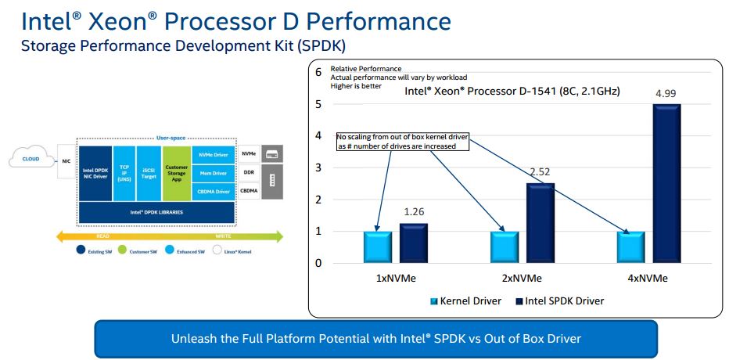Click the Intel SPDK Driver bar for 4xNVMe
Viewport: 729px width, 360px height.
pyautogui.click(x=666, y=183)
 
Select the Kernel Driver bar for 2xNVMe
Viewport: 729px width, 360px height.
pyautogui.click(x=504, y=247)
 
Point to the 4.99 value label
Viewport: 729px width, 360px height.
pyautogui.click(x=666, y=94)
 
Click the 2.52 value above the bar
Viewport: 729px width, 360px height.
pyautogui.click(x=540, y=172)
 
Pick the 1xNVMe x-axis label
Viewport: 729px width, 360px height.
pyautogui.click(x=396, y=278)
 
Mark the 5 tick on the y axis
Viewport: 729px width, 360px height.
pyautogui.click(x=318, y=103)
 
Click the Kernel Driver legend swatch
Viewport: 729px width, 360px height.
pyautogui.click(x=433, y=301)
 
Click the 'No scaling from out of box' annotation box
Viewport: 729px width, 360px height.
pyautogui.click(x=402, y=141)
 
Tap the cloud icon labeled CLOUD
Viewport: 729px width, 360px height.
pyautogui.click(x=31, y=159)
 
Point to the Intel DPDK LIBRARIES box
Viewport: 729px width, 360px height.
pyautogui.click(x=156, y=211)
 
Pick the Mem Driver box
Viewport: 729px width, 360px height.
pyautogui.click(x=213, y=172)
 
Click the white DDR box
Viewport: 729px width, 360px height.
pyautogui.click(x=250, y=172)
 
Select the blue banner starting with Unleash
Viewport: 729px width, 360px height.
pyautogui.click(x=375, y=338)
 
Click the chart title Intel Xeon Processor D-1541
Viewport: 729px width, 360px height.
pyautogui.click(x=512, y=92)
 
